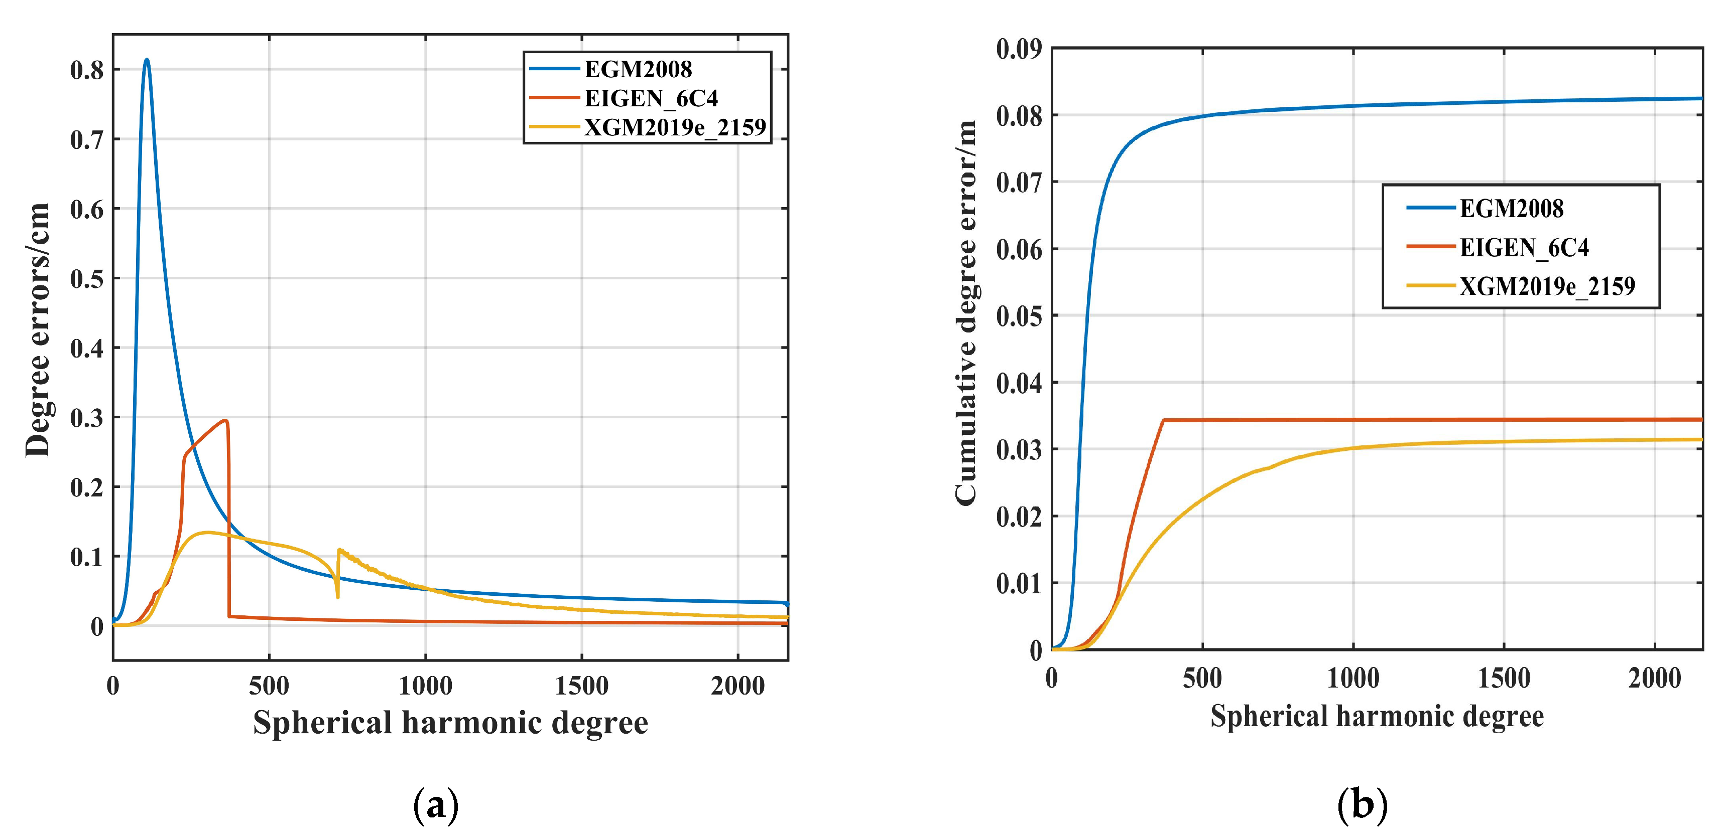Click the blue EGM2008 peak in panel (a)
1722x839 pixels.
pos(147,60)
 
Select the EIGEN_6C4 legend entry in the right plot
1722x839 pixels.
pos(1524,248)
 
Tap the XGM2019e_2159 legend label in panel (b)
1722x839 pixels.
pos(1547,286)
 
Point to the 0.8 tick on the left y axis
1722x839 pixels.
pos(87,70)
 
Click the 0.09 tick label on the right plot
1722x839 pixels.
pos(1018,49)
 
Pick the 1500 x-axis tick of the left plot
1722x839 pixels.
pos(581,686)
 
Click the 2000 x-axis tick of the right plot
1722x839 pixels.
pos(1655,679)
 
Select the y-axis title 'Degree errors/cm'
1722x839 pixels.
pos(38,330)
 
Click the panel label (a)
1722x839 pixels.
pos(436,805)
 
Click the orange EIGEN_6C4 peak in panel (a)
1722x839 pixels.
pos(226,421)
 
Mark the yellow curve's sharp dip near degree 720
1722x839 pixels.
pos(337,596)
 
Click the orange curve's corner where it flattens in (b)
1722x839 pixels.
pos(1164,420)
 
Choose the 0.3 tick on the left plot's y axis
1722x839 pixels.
pos(87,418)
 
